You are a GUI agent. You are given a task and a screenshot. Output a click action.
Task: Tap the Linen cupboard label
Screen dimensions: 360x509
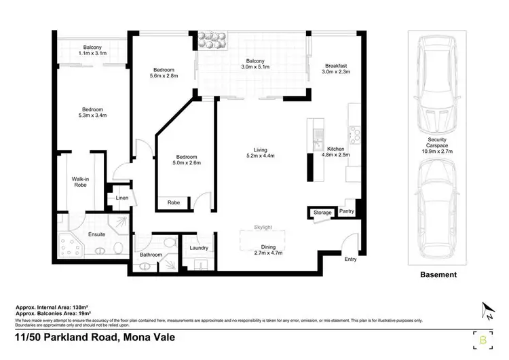[122, 198]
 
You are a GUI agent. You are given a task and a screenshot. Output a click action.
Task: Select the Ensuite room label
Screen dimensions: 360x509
[97, 235]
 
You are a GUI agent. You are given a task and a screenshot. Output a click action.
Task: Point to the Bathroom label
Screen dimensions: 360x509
[151, 255]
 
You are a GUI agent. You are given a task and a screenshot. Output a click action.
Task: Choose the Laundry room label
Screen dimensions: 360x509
[199, 249]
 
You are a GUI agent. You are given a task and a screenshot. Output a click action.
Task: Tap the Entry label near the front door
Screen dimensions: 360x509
[350, 259]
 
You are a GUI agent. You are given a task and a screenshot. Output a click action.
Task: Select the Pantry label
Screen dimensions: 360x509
[347, 211]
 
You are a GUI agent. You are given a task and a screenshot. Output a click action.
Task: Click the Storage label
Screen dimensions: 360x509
[322, 213]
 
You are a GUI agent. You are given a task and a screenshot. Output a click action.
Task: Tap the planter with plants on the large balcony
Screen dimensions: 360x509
[214, 41]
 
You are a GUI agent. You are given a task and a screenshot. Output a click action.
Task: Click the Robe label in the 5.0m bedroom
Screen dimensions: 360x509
[174, 202]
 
